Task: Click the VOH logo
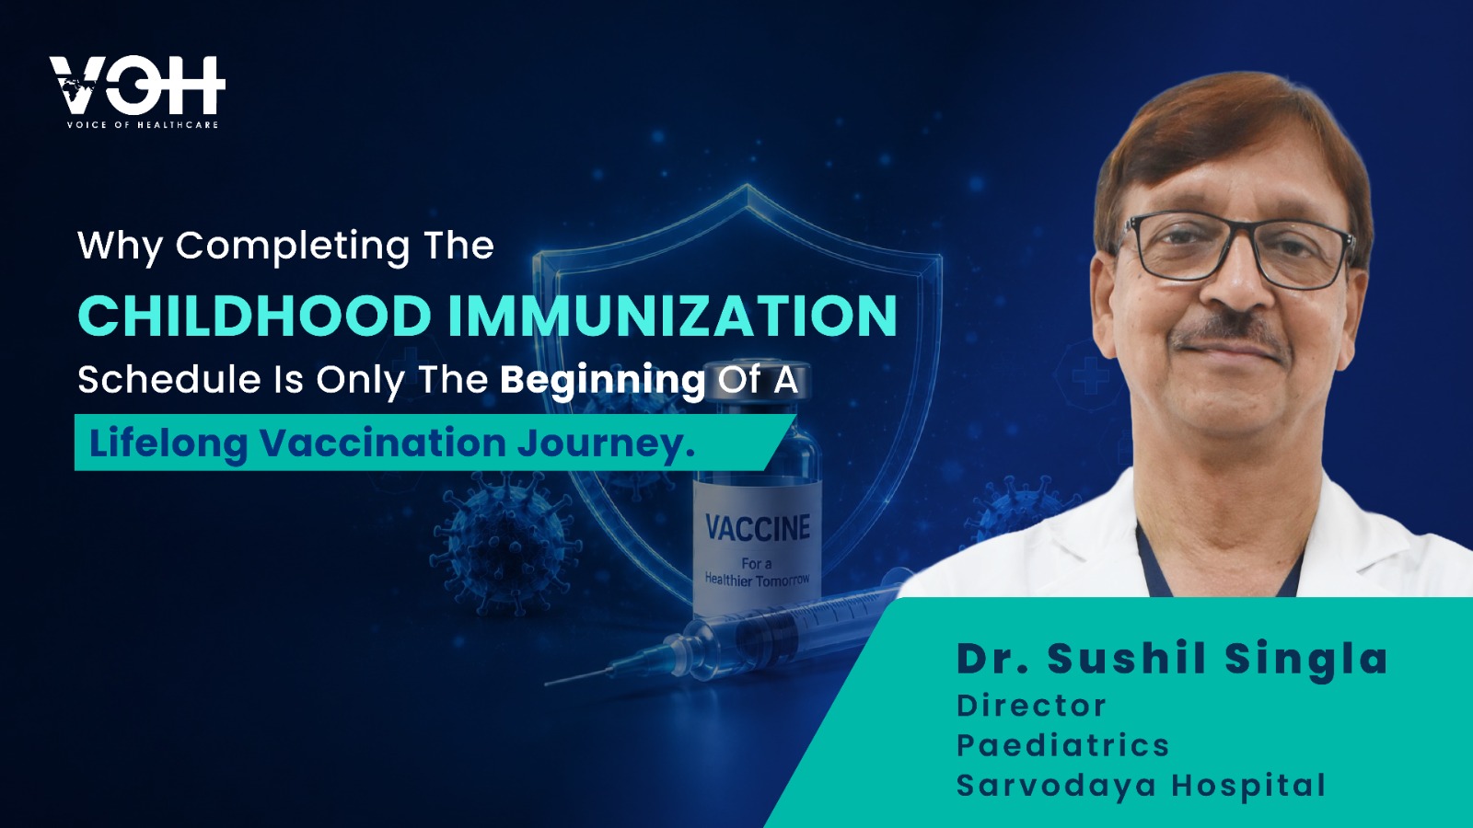[x=137, y=91]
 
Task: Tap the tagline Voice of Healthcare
[x=143, y=125]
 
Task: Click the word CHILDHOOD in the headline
[x=254, y=316]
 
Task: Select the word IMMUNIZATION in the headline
[x=673, y=316]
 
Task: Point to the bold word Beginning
[x=602, y=381]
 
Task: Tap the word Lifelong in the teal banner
[x=168, y=443]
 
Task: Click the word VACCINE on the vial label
[x=758, y=528]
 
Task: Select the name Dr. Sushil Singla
[x=1172, y=658]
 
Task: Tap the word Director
[x=1031, y=706]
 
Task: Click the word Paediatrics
[x=1062, y=745]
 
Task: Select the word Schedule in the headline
[x=169, y=380]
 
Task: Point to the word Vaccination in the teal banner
[x=383, y=443]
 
